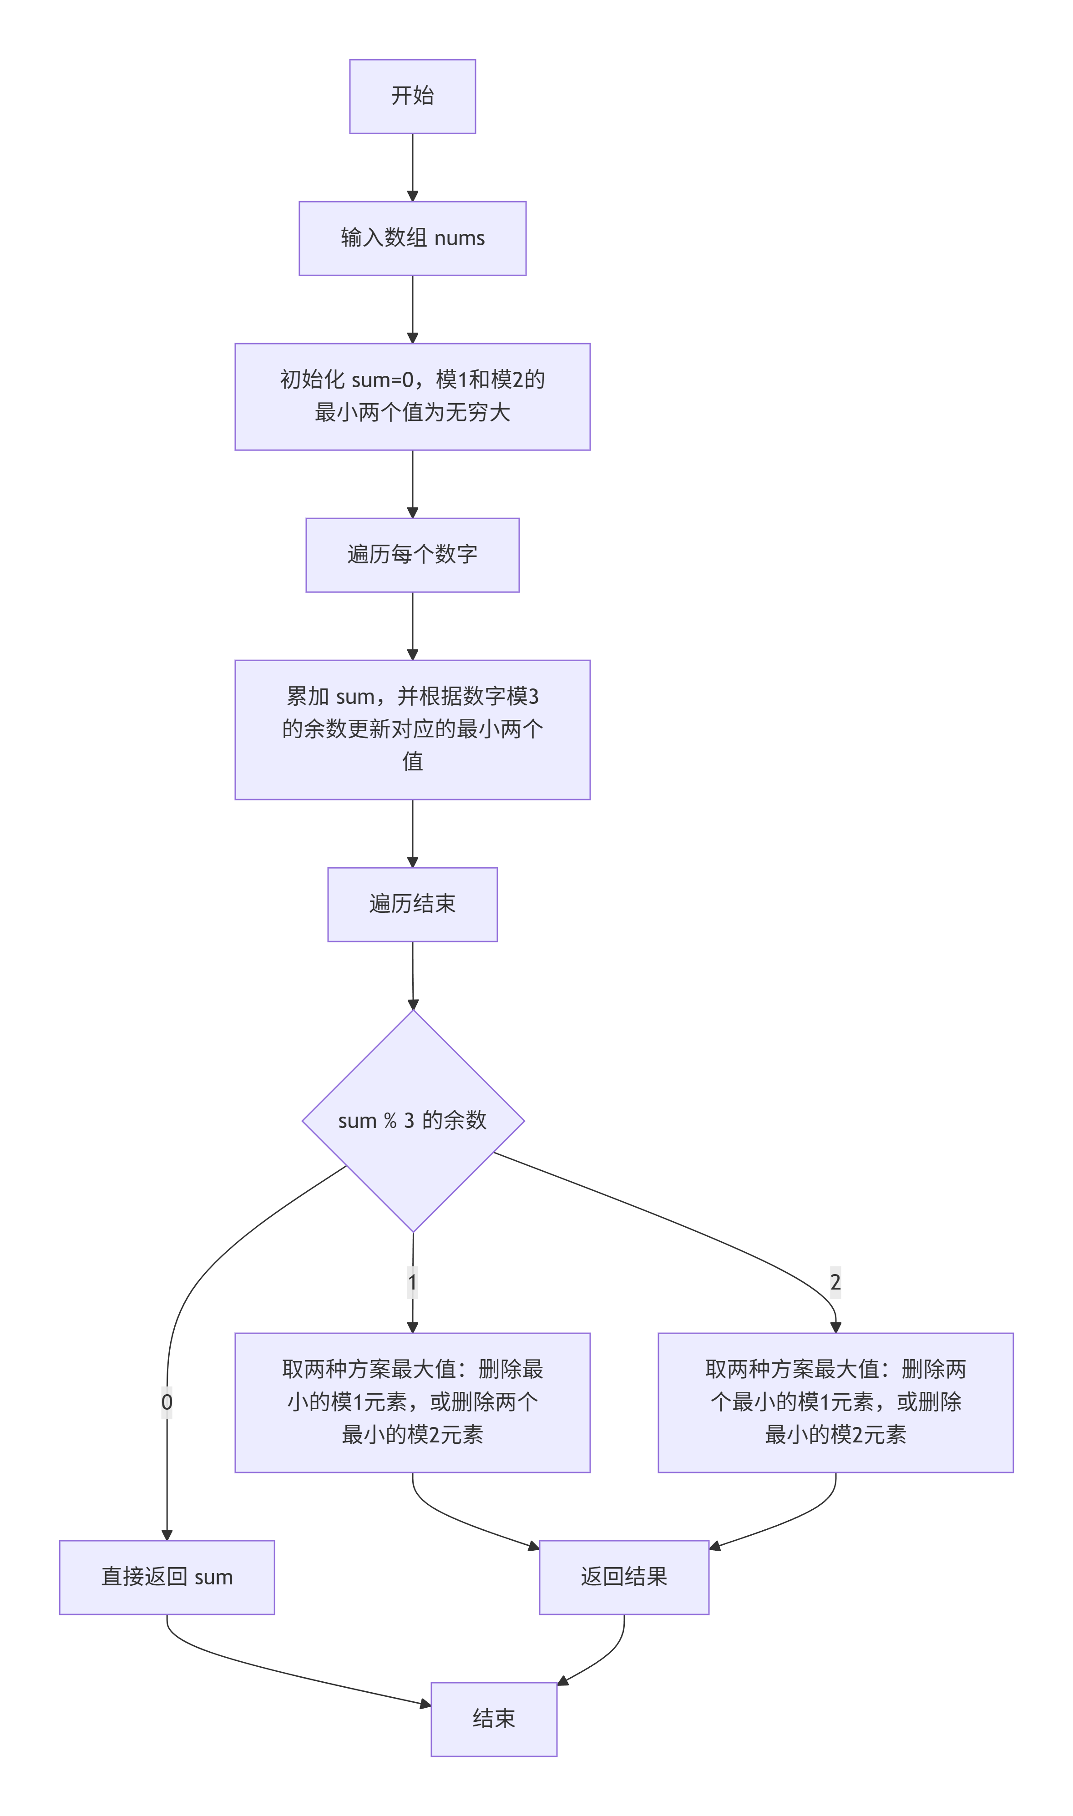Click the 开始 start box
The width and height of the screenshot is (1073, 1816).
pyautogui.click(x=412, y=96)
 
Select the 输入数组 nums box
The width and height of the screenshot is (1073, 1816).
pyautogui.click(x=412, y=238)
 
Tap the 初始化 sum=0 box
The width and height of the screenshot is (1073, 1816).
pyautogui.click(x=412, y=397)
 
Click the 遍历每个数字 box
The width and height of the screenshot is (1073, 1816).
pyautogui.click(x=412, y=555)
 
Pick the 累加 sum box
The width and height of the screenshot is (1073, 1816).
pyautogui.click(x=412, y=729)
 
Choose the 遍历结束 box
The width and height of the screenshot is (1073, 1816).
pyautogui.click(x=412, y=905)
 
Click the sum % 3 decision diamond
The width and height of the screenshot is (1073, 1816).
pyautogui.click(x=413, y=1121)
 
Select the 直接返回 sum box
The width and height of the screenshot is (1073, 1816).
pyautogui.click(x=167, y=1578)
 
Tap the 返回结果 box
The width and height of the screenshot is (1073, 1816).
pyautogui.click(x=624, y=1578)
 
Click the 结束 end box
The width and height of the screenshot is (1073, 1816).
pyautogui.click(x=494, y=1719)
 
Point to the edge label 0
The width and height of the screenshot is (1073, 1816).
pyautogui.click(x=167, y=1402)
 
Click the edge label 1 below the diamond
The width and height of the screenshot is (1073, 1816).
pyautogui.click(x=412, y=1282)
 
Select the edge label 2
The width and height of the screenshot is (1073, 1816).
pyautogui.click(x=835, y=1282)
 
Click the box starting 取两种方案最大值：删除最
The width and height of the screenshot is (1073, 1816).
pyautogui.click(x=412, y=1402)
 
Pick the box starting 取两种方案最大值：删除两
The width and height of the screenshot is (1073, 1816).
pyautogui.click(x=835, y=1402)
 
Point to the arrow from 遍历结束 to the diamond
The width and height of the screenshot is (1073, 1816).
pyautogui.click(x=413, y=975)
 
